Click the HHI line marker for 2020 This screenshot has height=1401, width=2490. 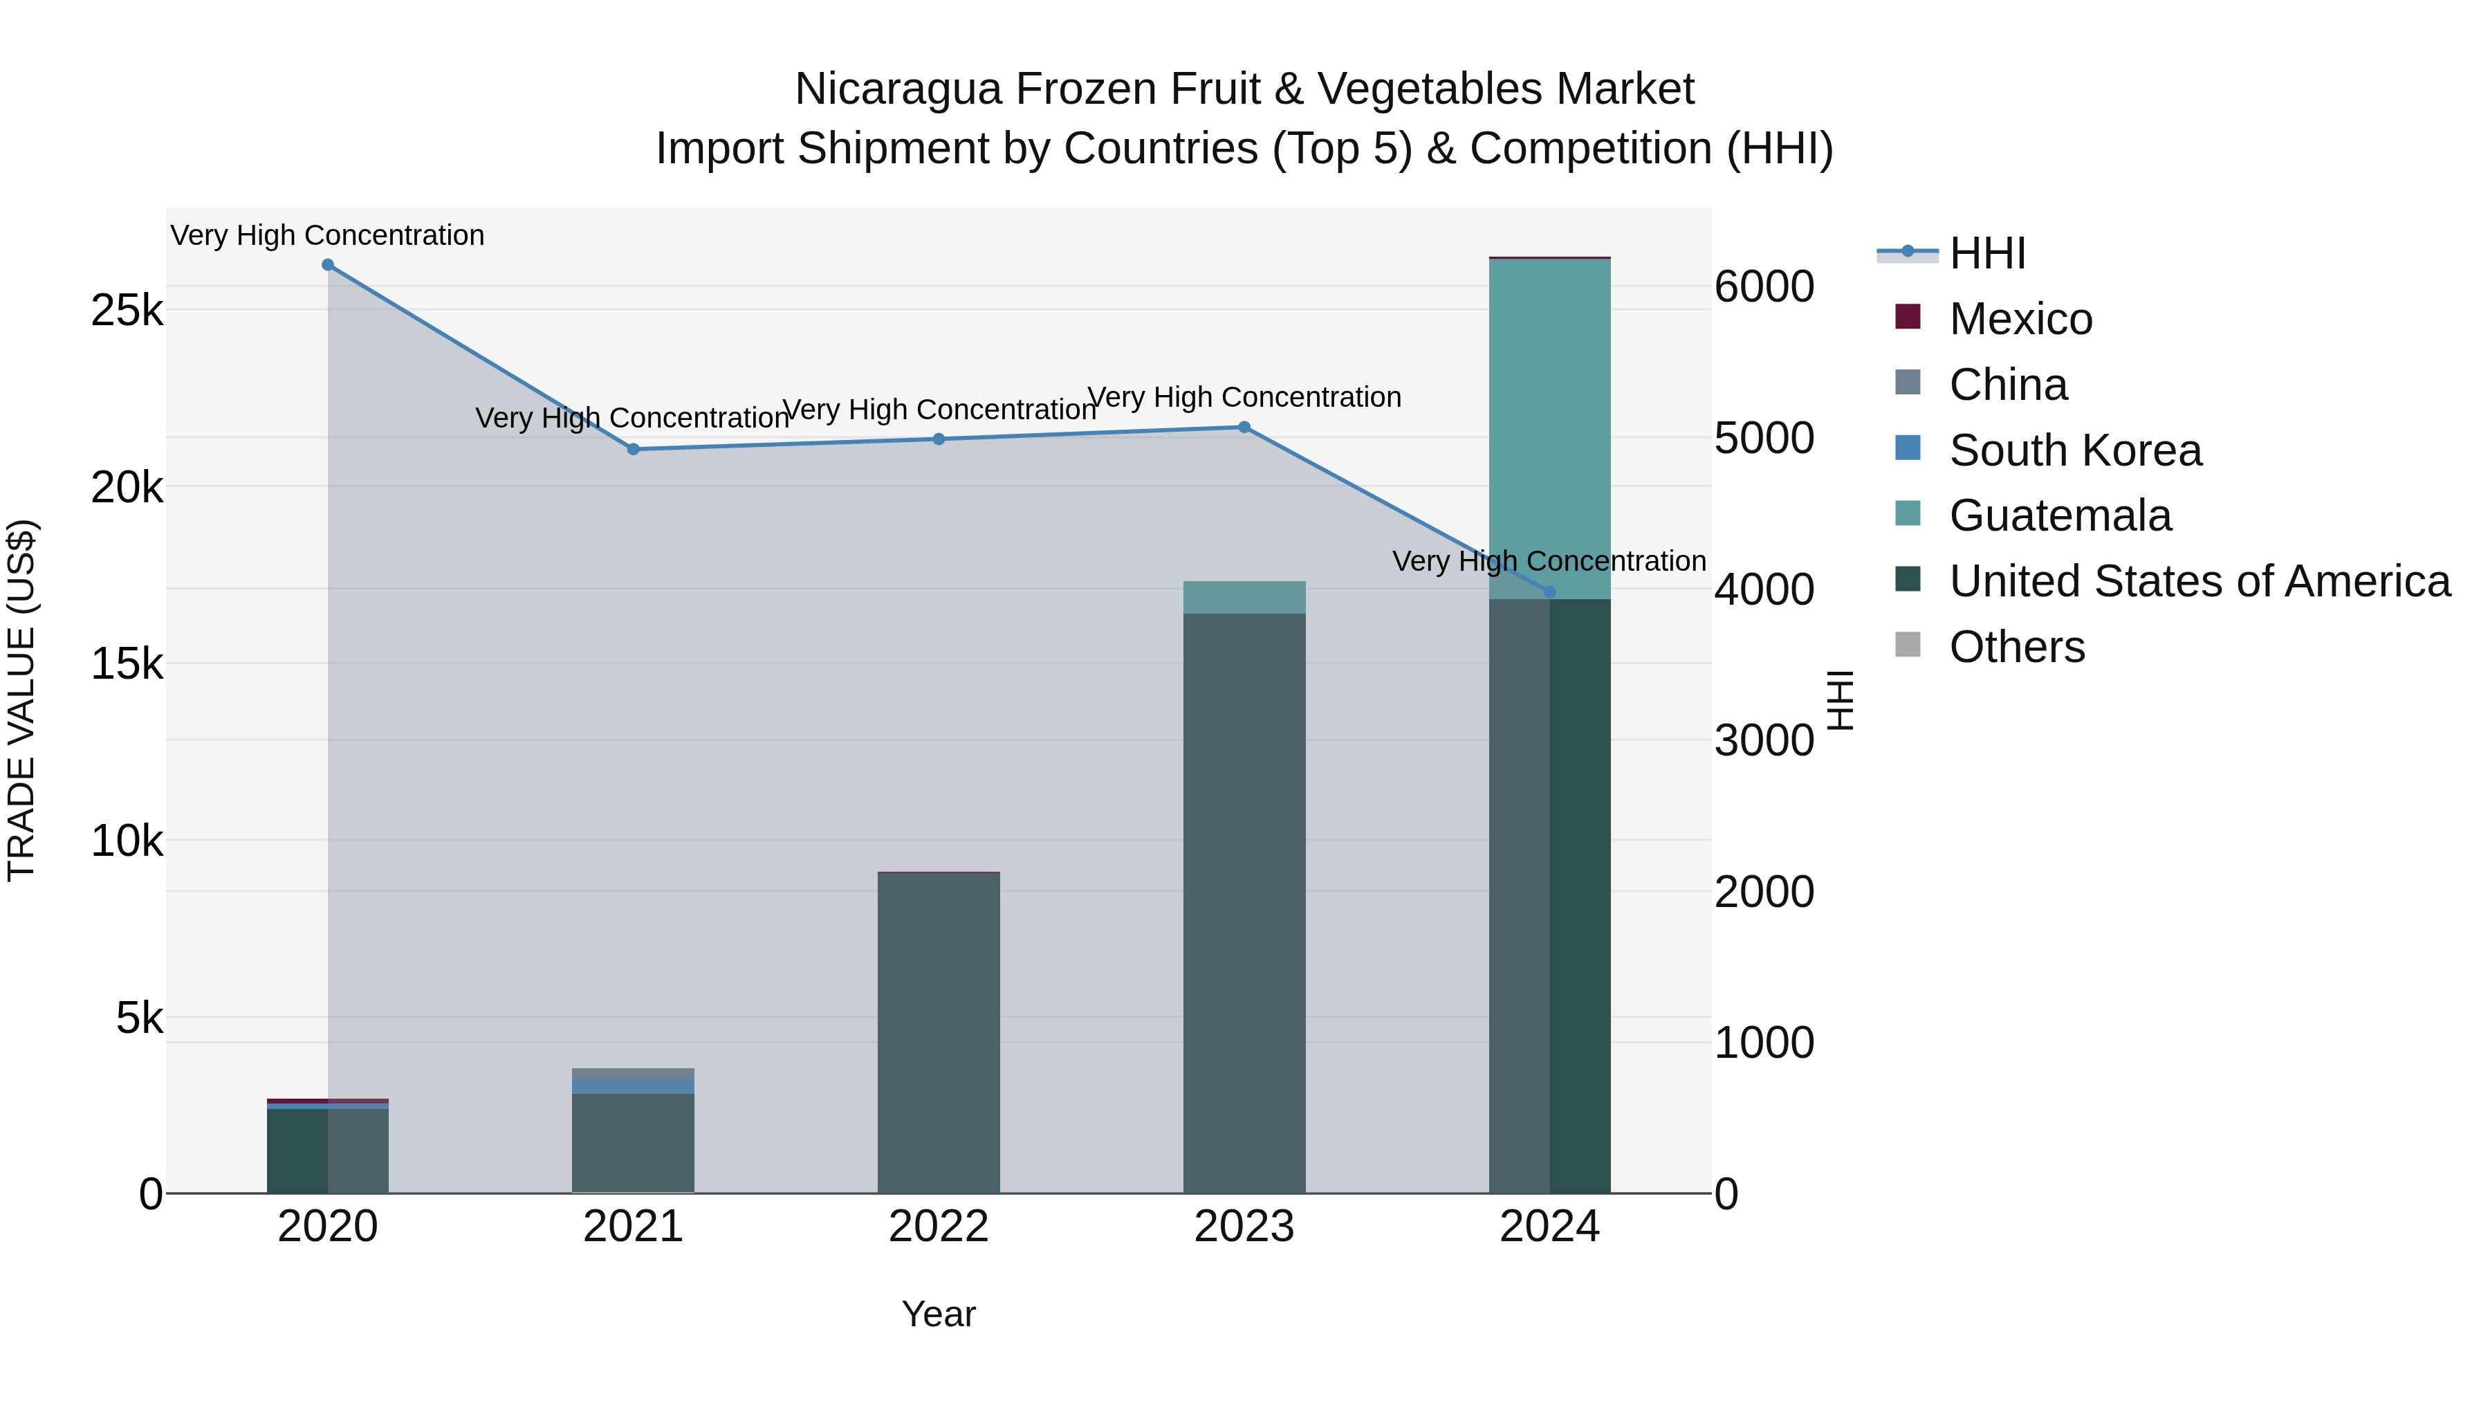328,265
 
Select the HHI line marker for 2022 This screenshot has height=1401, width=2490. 939,439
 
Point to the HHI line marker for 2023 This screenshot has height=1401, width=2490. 1244,428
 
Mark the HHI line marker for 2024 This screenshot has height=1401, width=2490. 1549,592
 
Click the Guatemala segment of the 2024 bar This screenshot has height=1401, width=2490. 1549,425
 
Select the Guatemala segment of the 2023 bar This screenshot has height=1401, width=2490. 1244,598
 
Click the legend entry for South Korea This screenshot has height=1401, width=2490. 2074,450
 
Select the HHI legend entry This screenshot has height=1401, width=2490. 1986,253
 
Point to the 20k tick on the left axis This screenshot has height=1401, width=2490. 127,488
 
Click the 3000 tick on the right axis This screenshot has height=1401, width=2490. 1764,740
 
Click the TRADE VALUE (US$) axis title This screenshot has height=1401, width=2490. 21,700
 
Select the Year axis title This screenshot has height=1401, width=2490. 939,1314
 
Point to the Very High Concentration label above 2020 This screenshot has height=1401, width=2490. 328,236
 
